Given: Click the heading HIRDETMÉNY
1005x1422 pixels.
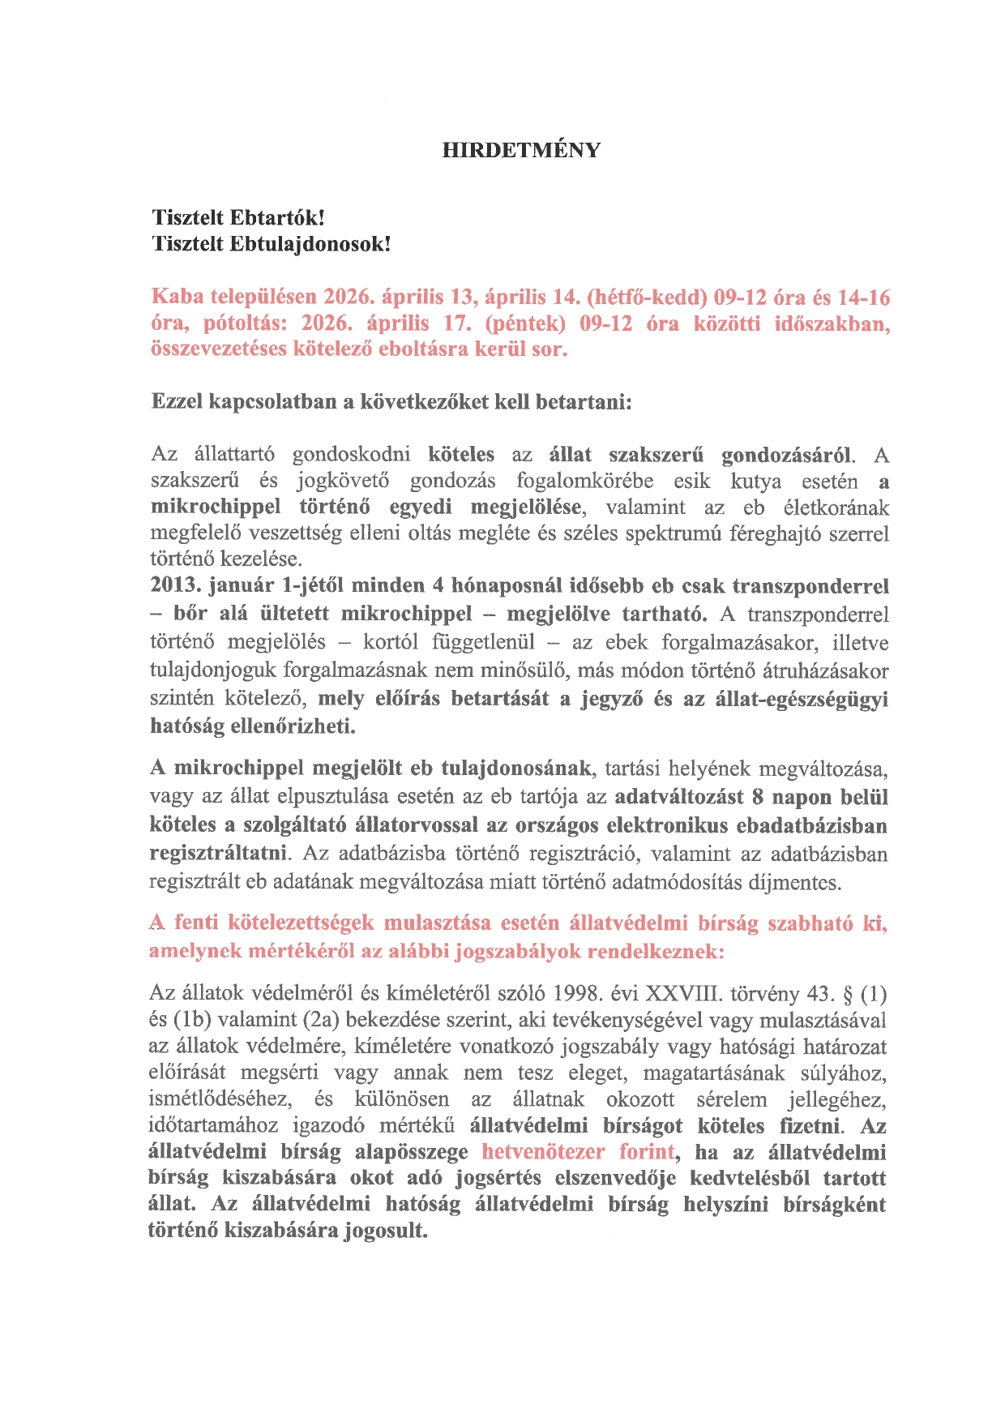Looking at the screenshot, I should click(521, 151).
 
